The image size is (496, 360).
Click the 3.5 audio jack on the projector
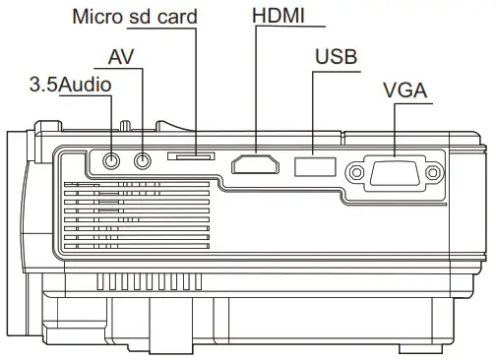tap(111, 158)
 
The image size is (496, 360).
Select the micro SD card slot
tap(193, 155)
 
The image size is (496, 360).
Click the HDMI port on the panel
tap(255, 164)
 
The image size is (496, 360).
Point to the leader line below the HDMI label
tap(255, 89)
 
